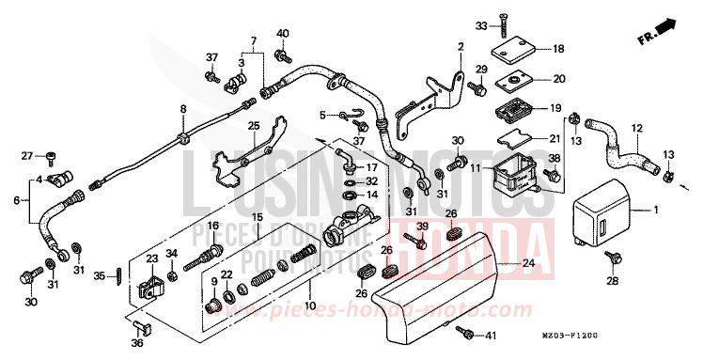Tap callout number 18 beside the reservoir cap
[x=558, y=49]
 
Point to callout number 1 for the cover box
[x=658, y=210]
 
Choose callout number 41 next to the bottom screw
[x=491, y=336]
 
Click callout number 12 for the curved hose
[x=636, y=128]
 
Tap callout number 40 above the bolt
[x=281, y=35]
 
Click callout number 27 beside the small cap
[x=27, y=155]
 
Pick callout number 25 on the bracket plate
[x=252, y=125]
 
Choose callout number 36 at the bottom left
[x=138, y=343]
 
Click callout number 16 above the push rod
[x=213, y=226]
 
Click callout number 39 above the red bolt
[x=422, y=227]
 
